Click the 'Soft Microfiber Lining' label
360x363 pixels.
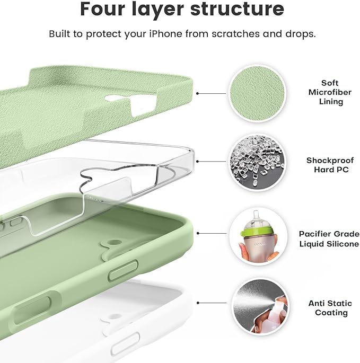[331, 92]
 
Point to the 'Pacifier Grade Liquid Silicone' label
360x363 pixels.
[329, 238]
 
